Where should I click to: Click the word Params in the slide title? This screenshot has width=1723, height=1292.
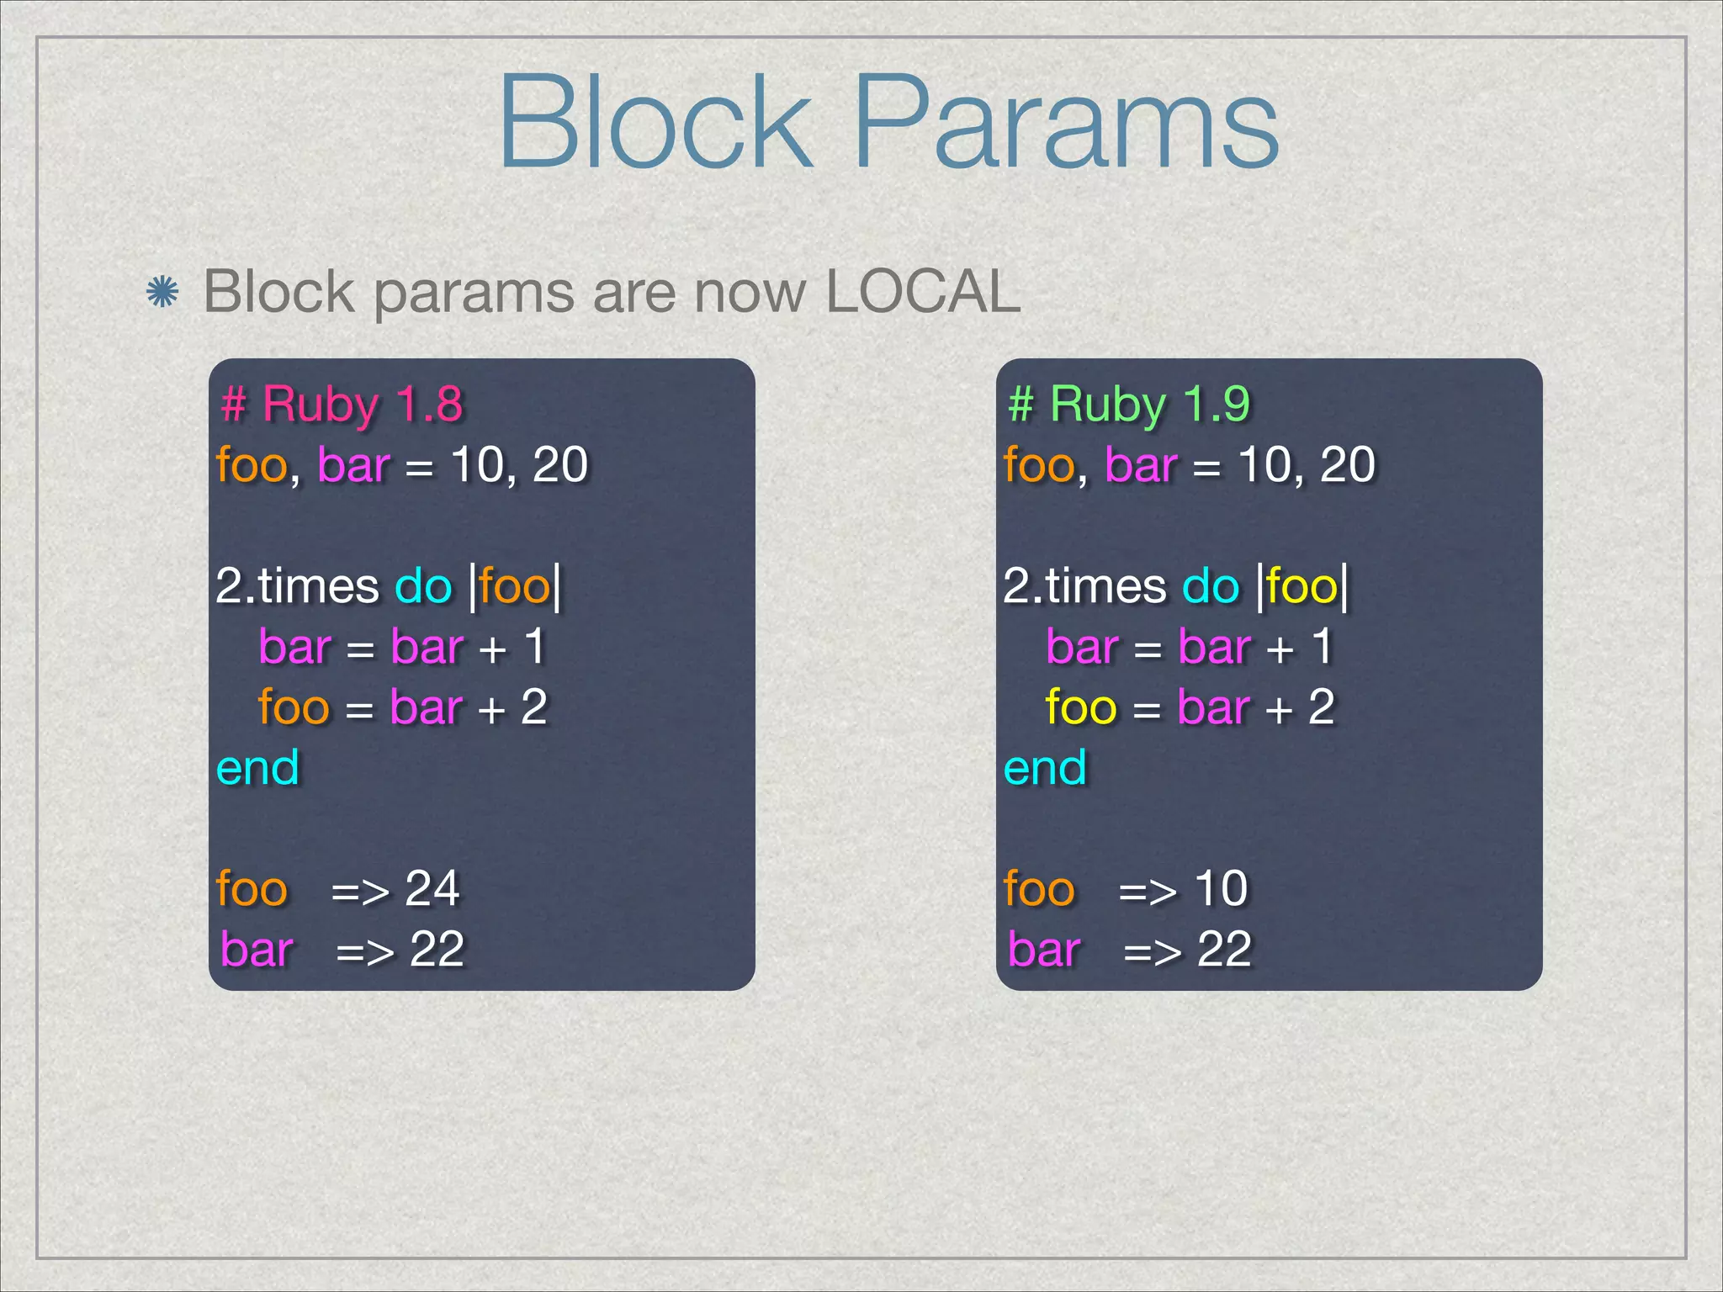1066,122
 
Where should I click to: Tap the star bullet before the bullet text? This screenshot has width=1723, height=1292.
162,293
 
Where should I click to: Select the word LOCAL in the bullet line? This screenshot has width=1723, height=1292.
923,292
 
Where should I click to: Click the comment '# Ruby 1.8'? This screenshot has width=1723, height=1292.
342,404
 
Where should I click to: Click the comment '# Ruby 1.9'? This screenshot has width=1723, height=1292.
1129,404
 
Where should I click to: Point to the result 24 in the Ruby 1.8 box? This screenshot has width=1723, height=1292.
432,888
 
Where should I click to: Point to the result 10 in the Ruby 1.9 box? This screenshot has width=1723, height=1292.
1221,888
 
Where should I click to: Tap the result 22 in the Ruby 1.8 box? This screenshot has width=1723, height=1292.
437,950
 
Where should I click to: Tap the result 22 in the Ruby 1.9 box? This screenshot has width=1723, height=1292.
1224,950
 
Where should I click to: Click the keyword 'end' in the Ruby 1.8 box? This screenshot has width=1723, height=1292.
257,768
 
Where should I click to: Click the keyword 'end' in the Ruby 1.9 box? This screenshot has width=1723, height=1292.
1045,768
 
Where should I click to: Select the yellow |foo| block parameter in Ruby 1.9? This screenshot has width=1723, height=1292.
1302,586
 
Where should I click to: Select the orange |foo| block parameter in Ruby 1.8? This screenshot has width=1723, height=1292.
515,586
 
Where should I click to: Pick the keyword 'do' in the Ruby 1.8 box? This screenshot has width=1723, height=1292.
423,586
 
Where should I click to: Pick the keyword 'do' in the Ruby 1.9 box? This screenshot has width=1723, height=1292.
1211,586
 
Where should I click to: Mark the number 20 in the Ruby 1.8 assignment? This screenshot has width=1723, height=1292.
560,465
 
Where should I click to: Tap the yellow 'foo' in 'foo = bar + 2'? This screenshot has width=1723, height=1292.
1081,707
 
